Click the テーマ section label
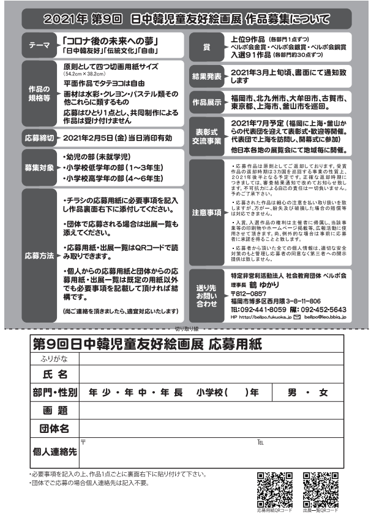(40, 45)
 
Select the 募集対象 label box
(40, 167)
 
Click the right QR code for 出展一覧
(320, 489)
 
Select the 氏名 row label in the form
(54, 373)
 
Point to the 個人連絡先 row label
(54, 451)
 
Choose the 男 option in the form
(292, 392)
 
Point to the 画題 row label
(54, 410)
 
